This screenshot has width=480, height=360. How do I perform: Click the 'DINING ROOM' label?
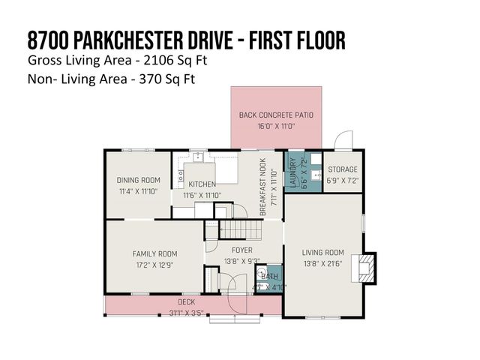[139, 180]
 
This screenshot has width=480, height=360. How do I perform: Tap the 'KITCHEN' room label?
[202, 184]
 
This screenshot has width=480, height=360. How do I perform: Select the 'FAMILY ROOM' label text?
[154, 253]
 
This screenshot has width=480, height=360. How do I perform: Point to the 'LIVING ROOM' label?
[323, 253]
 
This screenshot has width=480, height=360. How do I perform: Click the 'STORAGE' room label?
[342, 170]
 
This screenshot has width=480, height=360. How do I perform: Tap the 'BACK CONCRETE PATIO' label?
[276, 115]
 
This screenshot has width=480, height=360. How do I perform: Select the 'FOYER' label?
[241, 250]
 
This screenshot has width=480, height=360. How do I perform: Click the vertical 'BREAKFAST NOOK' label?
[263, 191]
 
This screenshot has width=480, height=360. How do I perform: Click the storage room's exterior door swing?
[343, 140]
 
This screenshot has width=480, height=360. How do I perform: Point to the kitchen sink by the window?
[199, 157]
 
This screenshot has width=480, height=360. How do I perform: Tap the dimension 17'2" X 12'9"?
[154, 265]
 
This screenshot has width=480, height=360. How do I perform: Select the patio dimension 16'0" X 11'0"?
[276, 126]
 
